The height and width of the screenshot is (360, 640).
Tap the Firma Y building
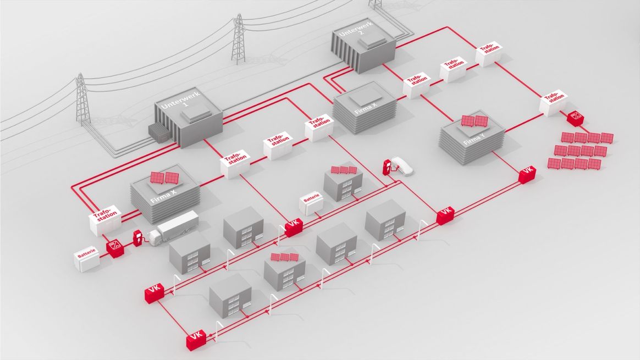(x=472, y=137)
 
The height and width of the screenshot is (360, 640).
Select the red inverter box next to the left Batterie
(x=115, y=248)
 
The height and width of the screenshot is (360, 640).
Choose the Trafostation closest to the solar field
(x=554, y=102)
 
